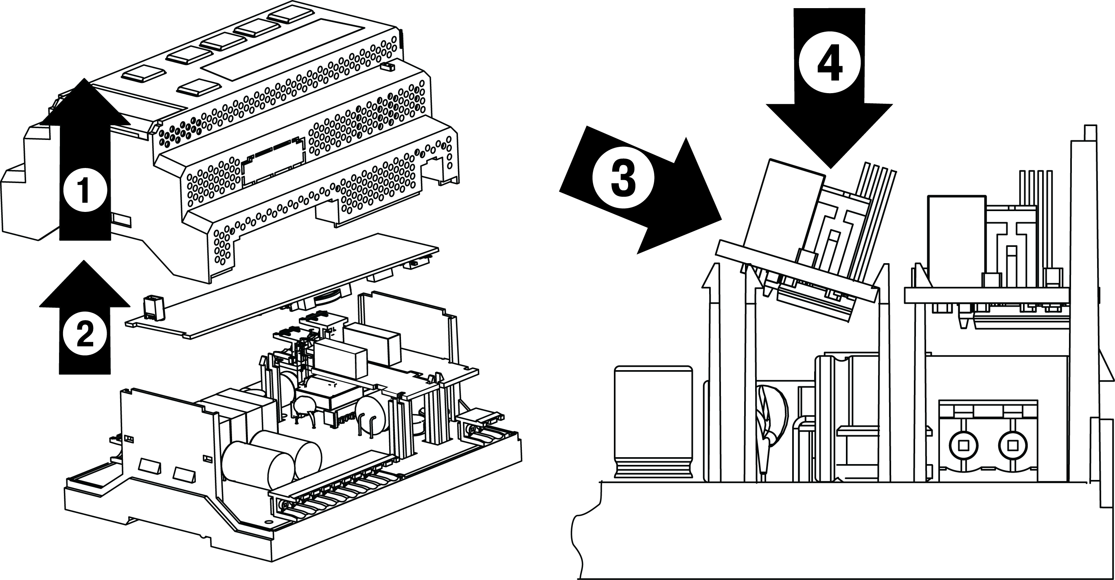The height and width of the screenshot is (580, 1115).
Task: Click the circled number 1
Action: pyautogui.click(x=85, y=190)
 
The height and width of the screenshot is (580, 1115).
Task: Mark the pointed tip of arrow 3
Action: pyautogui.click(x=720, y=220)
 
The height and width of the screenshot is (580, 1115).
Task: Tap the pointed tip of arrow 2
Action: pyautogui.click(x=84, y=261)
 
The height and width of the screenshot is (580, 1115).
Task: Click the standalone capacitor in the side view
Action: pyautogui.click(x=653, y=422)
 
